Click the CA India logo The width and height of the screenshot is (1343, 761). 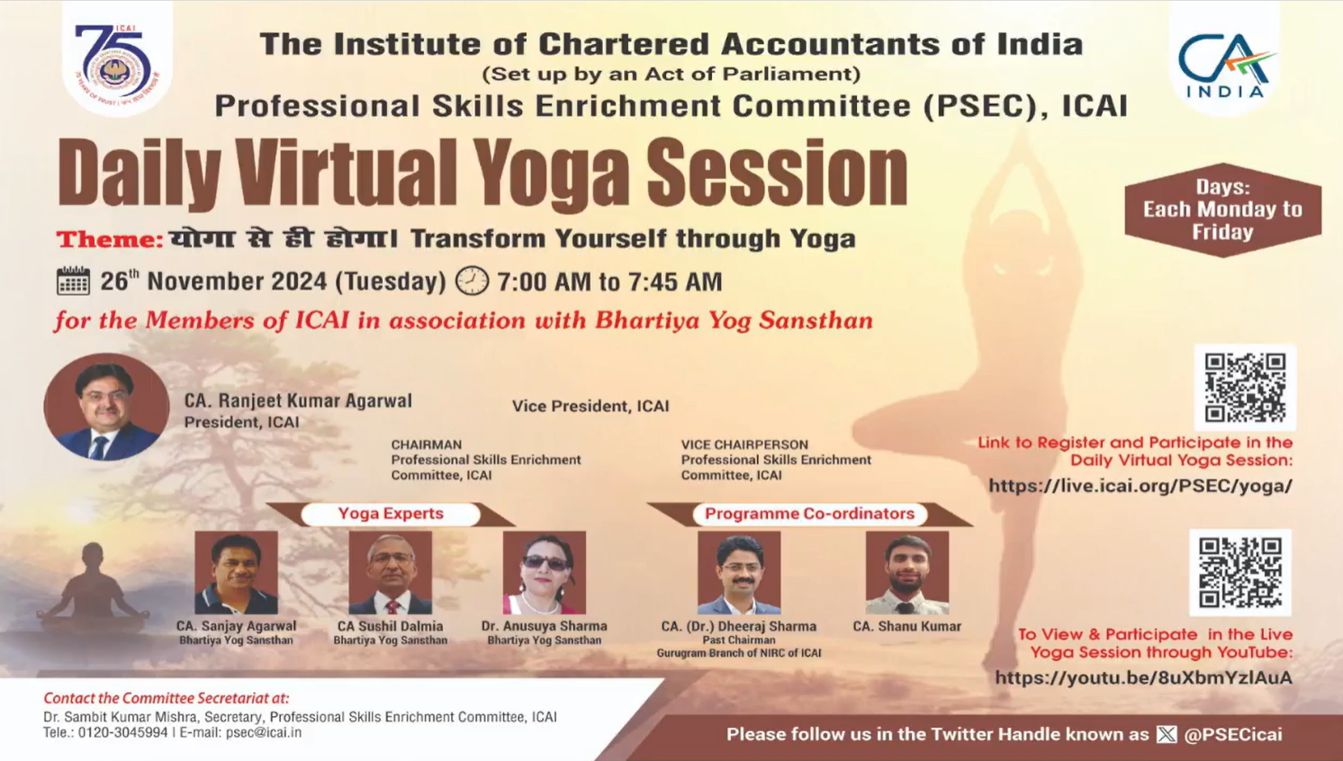click(x=1226, y=65)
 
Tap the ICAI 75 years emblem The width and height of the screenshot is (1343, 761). click(x=118, y=65)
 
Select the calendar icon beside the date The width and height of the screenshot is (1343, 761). click(x=73, y=281)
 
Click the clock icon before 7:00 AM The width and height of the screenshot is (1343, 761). click(x=472, y=281)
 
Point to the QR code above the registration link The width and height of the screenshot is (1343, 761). click(x=1245, y=388)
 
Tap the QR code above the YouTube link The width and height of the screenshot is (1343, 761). click(x=1239, y=572)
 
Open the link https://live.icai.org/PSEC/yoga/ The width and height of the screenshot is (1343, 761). click(x=1140, y=486)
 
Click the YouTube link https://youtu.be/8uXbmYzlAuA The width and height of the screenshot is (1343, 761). click(x=1143, y=677)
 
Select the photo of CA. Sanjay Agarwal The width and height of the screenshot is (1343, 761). click(x=236, y=572)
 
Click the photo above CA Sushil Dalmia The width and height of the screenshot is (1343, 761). click(x=391, y=572)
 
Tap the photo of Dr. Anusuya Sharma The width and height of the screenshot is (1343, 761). click(x=545, y=572)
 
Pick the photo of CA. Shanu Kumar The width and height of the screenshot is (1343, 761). click(x=907, y=572)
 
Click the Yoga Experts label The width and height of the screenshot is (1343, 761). click(x=391, y=514)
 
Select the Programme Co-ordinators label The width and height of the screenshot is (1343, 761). click(x=809, y=514)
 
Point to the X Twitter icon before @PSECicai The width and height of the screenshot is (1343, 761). click(x=1167, y=734)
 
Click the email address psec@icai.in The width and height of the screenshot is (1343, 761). click(x=264, y=732)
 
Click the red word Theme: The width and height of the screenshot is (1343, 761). click(x=110, y=239)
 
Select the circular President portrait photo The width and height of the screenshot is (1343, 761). click(x=107, y=407)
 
